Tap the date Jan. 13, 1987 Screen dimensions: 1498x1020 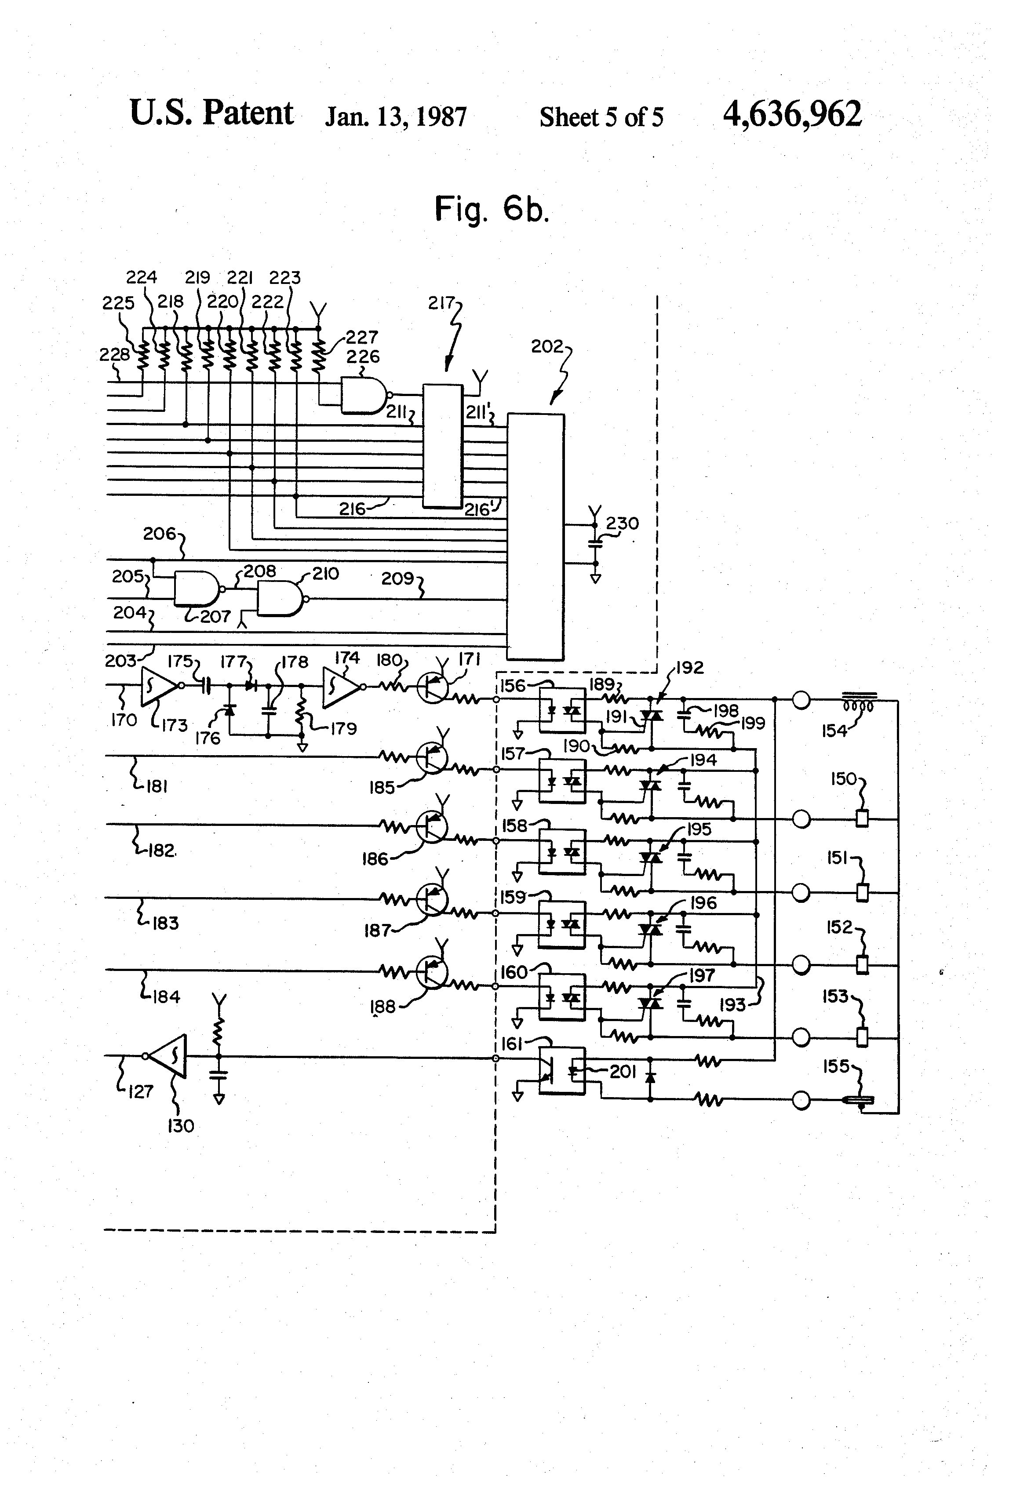(x=395, y=116)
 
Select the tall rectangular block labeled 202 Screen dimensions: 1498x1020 (x=535, y=536)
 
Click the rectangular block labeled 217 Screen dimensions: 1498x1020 (x=442, y=445)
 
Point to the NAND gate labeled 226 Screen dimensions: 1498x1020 (x=363, y=394)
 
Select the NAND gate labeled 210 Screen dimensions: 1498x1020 (x=279, y=599)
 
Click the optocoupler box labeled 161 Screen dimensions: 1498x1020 (x=561, y=1070)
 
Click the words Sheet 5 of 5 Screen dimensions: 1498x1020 (x=601, y=117)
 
